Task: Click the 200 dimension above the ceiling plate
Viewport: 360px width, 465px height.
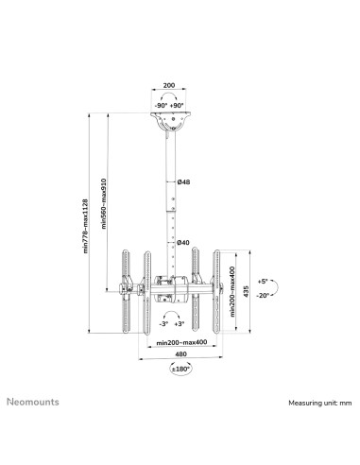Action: [x=169, y=85]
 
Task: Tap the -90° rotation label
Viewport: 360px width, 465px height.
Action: [x=161, y=106]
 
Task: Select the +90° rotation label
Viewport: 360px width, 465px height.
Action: [x=177, y=106]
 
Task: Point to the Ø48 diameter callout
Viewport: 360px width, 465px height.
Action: [x=183, y=181]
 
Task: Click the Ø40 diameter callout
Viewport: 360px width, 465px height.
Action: [x=183, y=242]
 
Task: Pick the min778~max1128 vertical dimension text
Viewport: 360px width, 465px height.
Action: [x=85, y=226]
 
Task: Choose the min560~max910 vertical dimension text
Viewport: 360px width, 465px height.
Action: [x=104, y=203]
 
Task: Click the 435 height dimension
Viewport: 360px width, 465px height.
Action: [x=246, y=291]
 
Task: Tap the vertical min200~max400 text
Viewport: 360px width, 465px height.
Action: [x=232, y=291]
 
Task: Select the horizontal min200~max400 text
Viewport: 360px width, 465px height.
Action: [x=181, y=342]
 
